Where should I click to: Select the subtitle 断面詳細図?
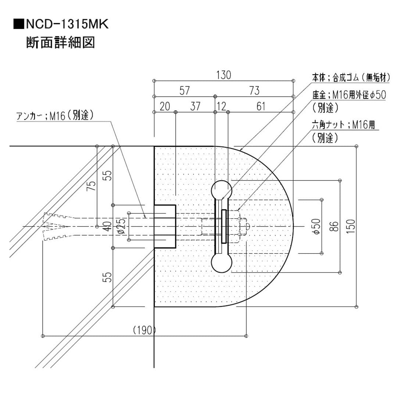(x=61, y=43)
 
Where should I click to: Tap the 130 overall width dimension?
(x=223, y=75)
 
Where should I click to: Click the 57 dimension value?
(x=185, y=91)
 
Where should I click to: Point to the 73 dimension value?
(x=254, y=91)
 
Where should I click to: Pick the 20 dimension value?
(x=165, y=107)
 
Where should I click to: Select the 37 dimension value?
(x=195, y=107)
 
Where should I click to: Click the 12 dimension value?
(x=222, y=107)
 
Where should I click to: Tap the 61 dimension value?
(x=261, y=107)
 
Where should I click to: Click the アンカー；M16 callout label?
(x=55, y=116)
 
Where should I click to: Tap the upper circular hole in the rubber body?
(x=222, y=191)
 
